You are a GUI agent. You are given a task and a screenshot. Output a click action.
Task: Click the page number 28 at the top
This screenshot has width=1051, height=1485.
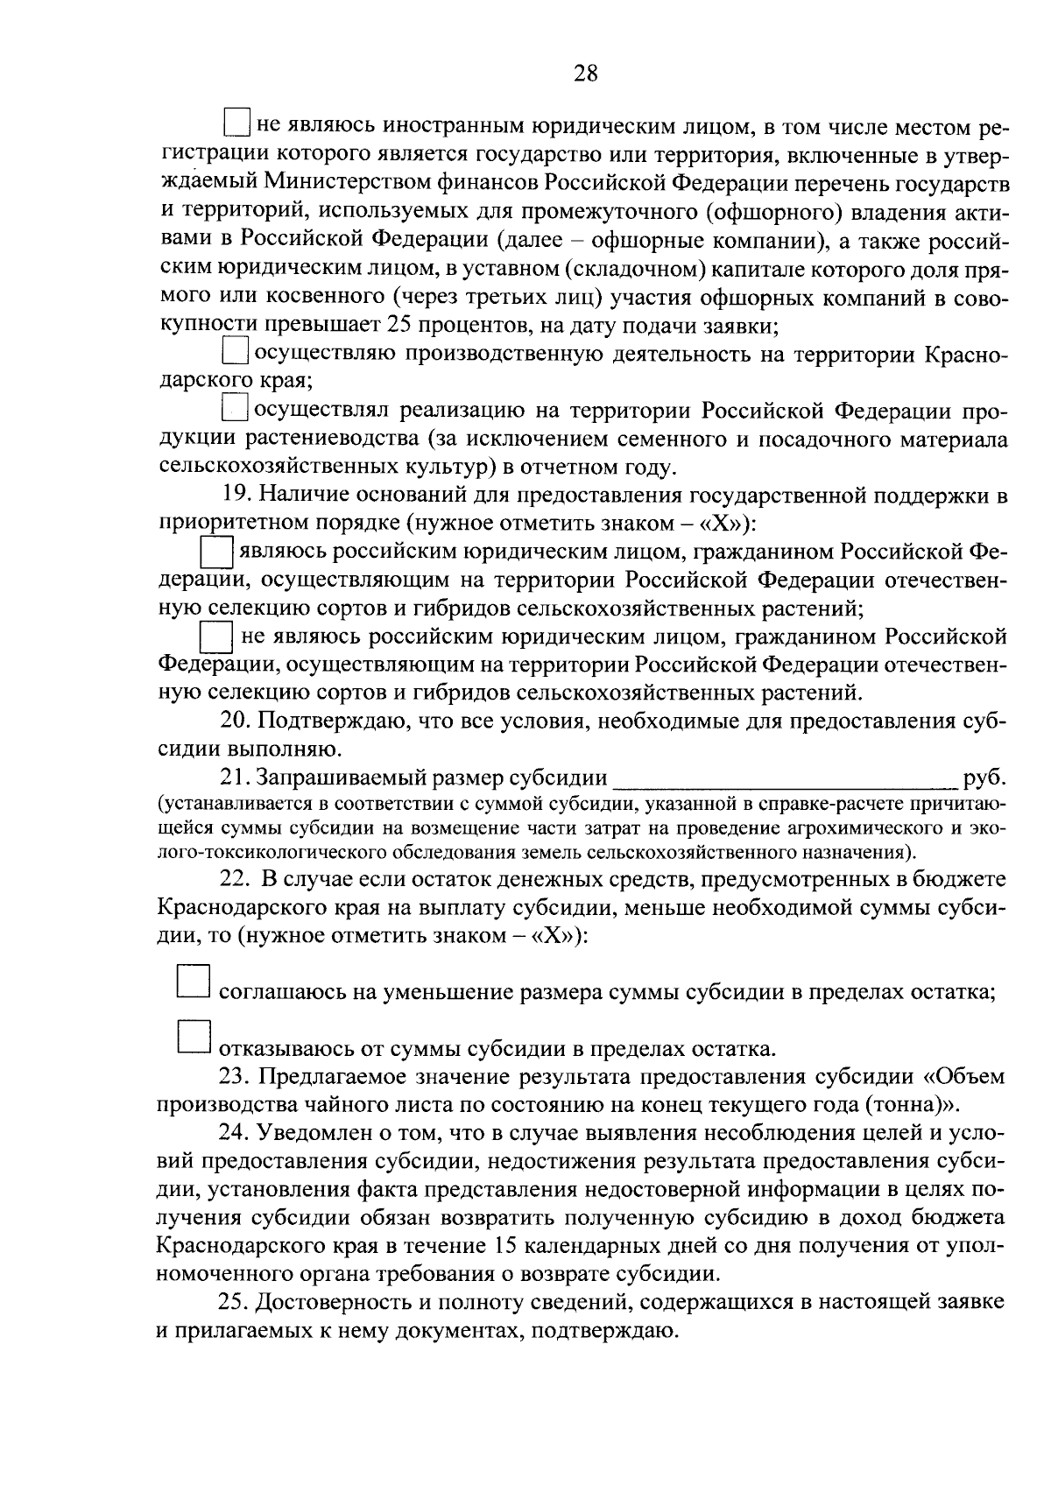tap(586, 74)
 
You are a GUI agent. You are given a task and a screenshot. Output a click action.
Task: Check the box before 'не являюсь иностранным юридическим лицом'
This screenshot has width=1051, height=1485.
tap(237, 123)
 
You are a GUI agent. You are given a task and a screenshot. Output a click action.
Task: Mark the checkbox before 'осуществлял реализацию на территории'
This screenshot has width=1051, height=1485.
tap(236, 408)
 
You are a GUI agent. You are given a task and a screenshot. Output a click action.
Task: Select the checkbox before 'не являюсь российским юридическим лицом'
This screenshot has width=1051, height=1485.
tap(215, 636)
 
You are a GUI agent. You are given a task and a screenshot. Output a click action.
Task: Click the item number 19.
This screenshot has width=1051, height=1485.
tap(234, 496)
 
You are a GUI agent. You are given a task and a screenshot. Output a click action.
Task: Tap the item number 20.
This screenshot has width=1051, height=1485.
tap(234, 721)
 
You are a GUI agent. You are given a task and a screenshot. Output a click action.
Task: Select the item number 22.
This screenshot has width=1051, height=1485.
tap(234, 879)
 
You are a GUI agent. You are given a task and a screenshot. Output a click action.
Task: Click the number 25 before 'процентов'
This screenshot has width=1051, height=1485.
tap(395, 326)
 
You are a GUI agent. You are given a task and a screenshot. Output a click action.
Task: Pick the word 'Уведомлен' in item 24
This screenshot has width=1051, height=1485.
tap(307, 1133)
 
